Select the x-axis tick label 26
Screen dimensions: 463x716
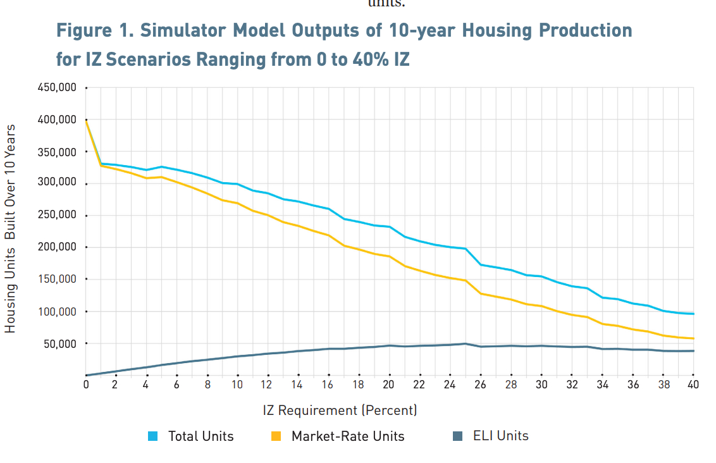click(x=480, y=385)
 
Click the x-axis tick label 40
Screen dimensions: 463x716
click(x=693, y=385)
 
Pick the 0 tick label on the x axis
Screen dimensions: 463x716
click(x=86, y=385)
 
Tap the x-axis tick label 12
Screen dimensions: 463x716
click(x=268, y=385)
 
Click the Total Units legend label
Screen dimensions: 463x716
click(x=201, y=436)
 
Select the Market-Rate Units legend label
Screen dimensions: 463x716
click(x=347, y=436)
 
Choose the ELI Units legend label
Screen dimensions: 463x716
click(x=500, y=436)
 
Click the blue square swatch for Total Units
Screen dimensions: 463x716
click(x=152, y=436)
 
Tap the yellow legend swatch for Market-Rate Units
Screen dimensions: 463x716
click(x=276, y=436)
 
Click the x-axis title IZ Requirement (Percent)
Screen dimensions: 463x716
click(x=340, y=411)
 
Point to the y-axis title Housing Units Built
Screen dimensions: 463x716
click(x=10, y=228)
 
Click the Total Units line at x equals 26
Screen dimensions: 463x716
click(x=481, y=264)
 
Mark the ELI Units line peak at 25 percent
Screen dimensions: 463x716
click(x=466, y=343)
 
